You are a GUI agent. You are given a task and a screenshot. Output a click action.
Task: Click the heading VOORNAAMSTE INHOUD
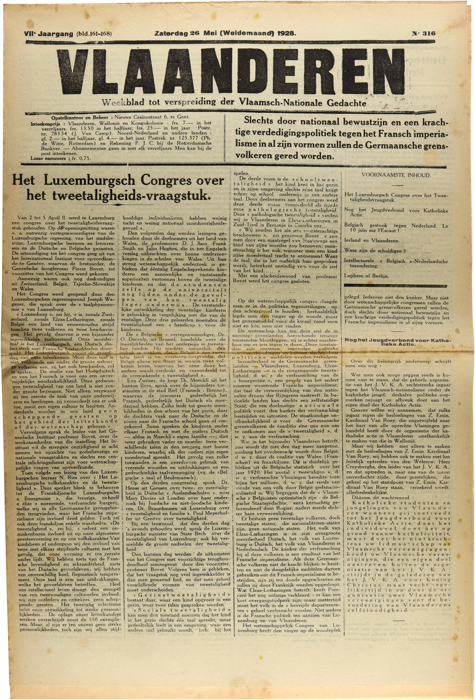click(x=396, y=175)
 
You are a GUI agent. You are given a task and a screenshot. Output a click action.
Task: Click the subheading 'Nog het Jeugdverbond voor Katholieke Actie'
click(x=396, y=342)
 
